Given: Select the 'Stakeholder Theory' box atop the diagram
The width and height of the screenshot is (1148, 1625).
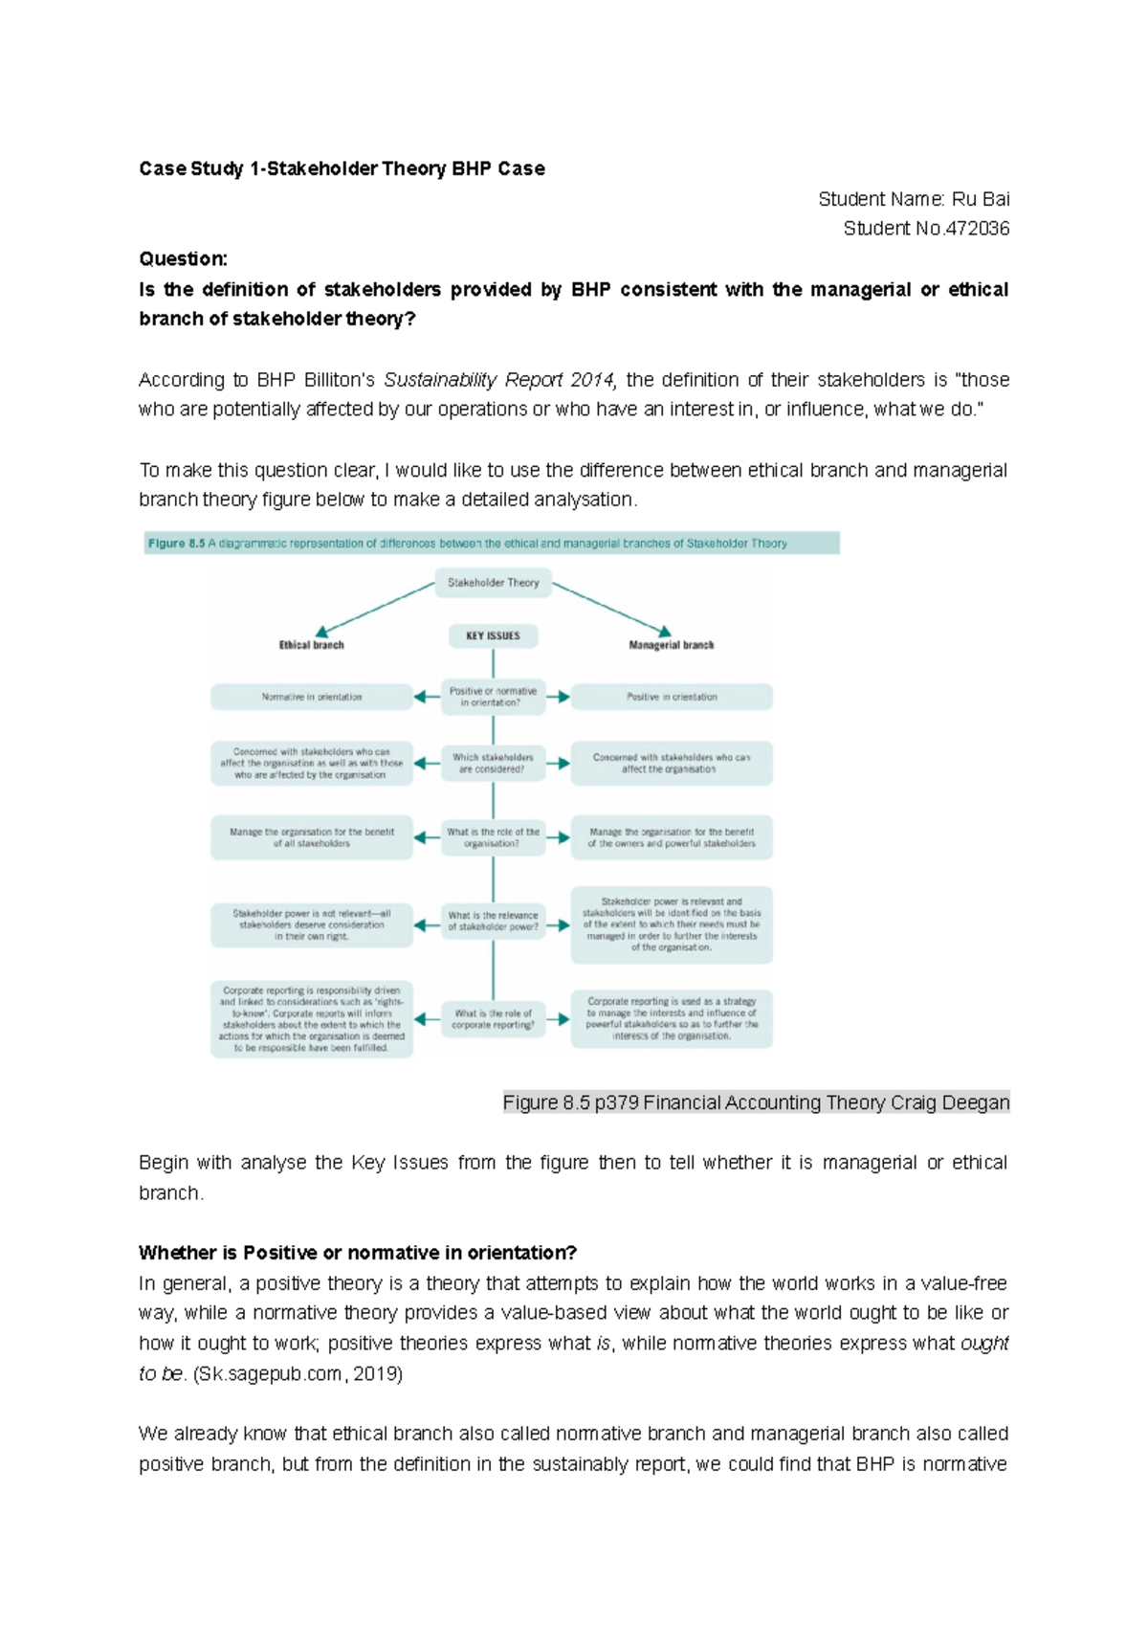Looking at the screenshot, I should [493, 582].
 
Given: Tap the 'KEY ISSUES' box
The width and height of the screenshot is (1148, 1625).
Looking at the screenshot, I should [493, 635].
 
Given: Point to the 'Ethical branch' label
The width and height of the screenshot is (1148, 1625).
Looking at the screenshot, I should [311, 645].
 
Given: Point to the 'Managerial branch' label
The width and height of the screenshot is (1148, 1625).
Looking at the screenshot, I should [671, 645].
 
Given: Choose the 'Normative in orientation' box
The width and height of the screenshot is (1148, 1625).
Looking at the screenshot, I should [311, 697].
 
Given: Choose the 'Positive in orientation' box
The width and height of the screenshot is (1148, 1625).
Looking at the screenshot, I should [671, 697].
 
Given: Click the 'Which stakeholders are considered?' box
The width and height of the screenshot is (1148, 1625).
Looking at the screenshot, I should [493, 763].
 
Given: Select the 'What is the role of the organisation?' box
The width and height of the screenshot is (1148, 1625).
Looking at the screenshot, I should [493, 837].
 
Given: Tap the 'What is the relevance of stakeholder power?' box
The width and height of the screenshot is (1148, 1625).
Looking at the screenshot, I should [493, 921].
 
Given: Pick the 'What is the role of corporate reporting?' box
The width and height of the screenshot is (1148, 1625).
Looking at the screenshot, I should [493, 1018].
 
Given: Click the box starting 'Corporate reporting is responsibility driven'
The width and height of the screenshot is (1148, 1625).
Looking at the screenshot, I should [311, 1019].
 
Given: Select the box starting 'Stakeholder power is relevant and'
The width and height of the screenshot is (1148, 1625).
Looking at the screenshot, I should [671, 924].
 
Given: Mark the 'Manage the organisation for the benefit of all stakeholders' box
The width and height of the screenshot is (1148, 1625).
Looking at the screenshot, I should [311, 837].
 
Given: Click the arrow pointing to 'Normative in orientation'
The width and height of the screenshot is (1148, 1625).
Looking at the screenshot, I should [427, 697].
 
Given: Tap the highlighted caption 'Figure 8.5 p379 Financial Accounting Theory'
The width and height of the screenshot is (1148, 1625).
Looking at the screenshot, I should [756, 1102].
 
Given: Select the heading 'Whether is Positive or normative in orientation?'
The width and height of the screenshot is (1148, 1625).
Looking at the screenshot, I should [358, 1253].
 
